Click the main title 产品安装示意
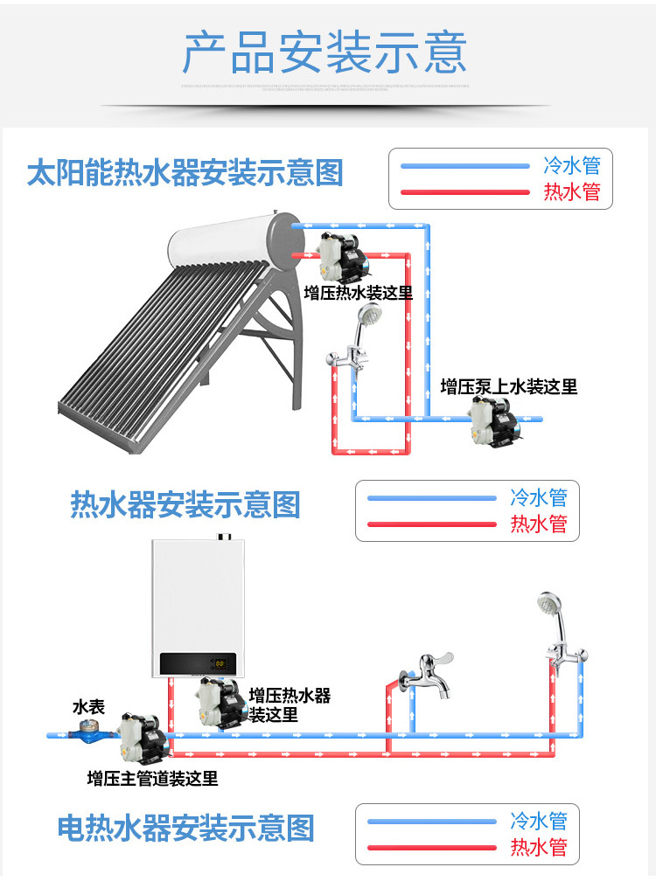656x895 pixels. click(x=325, y=52)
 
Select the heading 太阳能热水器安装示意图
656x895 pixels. click(x=185, y=172)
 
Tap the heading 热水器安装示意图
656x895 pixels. click(x=185, y=505)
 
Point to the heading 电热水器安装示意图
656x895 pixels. click(x=185, y=829)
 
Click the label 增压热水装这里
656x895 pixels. click(x=358, y=293)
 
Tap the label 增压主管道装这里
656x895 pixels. click(x=153, y=778)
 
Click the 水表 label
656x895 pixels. click(x=88, y=707)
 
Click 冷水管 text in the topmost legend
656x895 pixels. click(x=572, y=165)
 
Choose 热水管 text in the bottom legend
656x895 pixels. click(x=539, y=847)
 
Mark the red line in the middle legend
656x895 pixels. click(x=431, y=524)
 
